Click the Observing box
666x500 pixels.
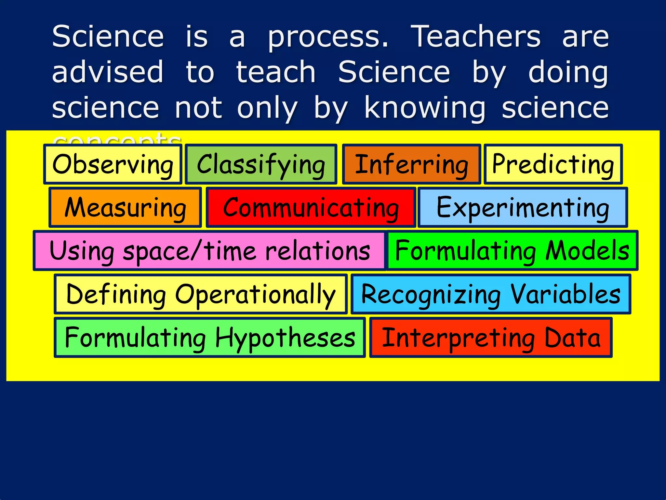coord(113,164)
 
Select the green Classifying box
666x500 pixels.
coord(261,164)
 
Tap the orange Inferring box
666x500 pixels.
coord(411,164)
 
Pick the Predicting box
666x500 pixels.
coord(553,164)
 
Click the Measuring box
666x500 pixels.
coord(125,207)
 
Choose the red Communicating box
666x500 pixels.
coord(311,207)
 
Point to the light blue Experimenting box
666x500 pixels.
coord(523,207)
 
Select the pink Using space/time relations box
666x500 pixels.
coord(209,251)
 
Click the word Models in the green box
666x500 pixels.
coord(587,251)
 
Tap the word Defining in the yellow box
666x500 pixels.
coord(116,294)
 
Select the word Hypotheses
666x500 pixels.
coord(285,338)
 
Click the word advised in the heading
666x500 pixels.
coord(108,72)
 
